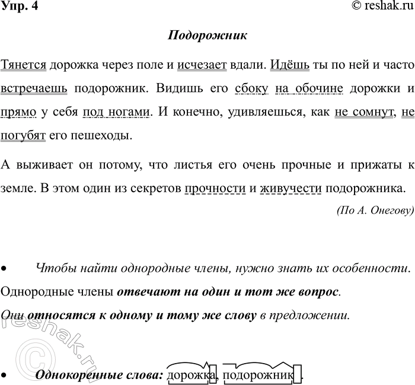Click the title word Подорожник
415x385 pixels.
[x=207, y=35]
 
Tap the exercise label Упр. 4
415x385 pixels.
[x=18, y=7]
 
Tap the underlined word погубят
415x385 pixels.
[x=24, y=135]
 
